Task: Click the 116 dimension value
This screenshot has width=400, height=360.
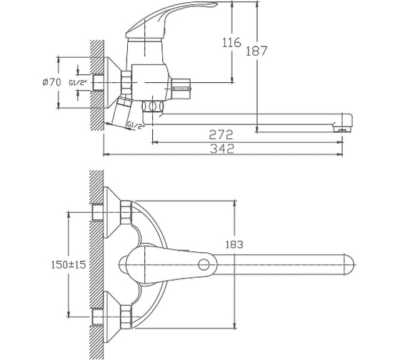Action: pyautogui.click(x=231, y=42)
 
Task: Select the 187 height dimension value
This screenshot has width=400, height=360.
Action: pyautogui.click(x=256, y=51)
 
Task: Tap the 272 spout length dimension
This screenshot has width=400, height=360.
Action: pyautogui.click(x=221, y=135)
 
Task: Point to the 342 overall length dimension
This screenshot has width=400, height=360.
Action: pyautogui.click(x=222, y=149)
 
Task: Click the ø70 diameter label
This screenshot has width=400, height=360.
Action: pyautogui.click(x=51, y=82)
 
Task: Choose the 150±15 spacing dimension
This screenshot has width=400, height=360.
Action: pyautogui.click(x=69, y=264)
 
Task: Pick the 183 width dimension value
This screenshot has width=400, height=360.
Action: pyautogui.click(x=234, y=244)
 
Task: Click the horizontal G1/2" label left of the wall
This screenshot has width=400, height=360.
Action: pyautogui.click(x=78, y=82)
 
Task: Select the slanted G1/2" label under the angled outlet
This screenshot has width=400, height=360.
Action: pyautogui.click(x=136, y=125)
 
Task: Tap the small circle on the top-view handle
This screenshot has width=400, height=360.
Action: pyautogui.click(x=204, y=264)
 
